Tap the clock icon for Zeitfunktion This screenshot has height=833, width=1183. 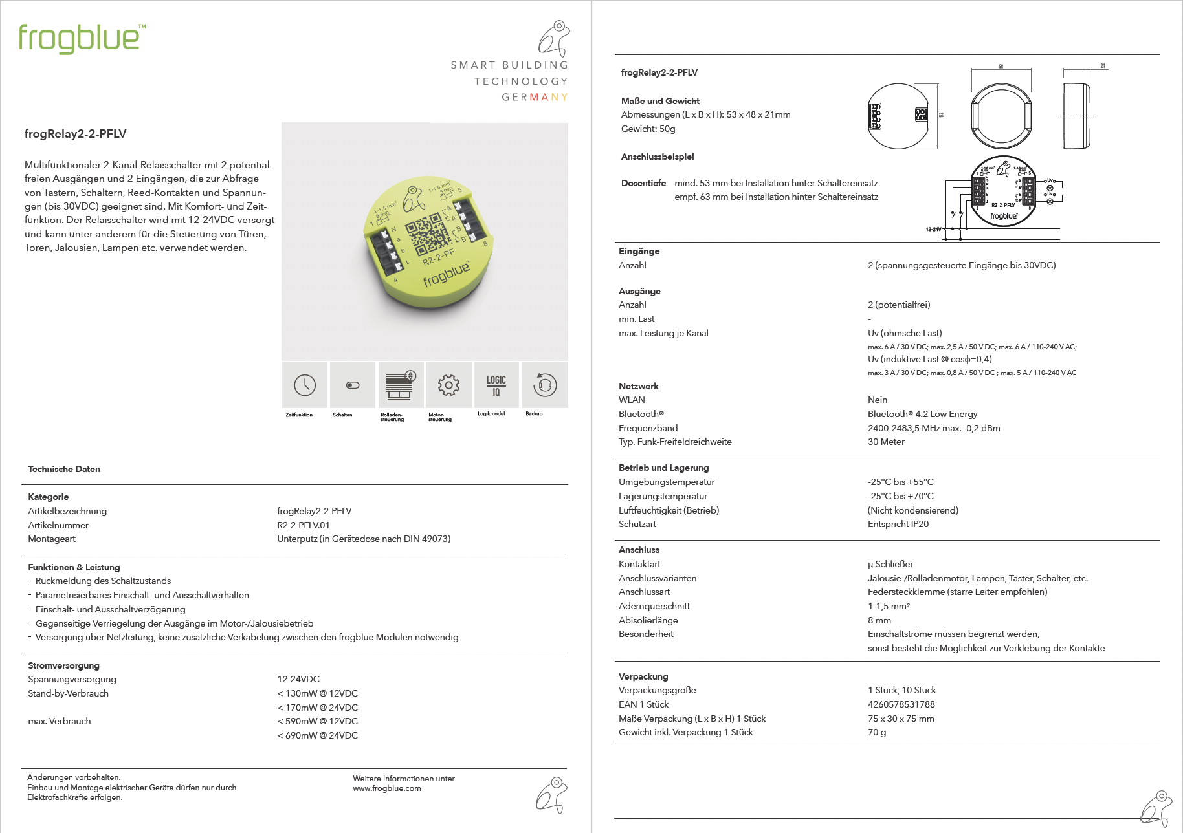(x=305, y=385)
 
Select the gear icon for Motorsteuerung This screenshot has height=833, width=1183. (x=448, y=385)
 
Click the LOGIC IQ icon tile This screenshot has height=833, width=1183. (x=496, y=385)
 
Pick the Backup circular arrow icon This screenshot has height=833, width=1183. (x=545, y=385)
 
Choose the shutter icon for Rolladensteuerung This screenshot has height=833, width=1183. (x=401, y=385)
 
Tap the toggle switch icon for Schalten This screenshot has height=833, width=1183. (x=353, y=385)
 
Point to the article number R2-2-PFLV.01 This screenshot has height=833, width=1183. (x=304, y=525)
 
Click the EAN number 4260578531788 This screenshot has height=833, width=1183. (x=901, y=704)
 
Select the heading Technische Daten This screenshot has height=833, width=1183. (x=64, y=469)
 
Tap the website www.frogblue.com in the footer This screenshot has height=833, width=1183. (x=387, y=788)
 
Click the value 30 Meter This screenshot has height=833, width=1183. (x=886, y=442)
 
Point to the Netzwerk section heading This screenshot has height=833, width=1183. (x=639, y=386)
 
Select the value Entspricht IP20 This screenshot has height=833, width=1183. (x=898, y=524)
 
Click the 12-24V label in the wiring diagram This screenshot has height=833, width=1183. (x=933, y=229)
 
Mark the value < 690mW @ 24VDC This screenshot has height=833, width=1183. (x=318, y=735)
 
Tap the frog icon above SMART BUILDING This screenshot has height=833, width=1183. (x=555, y=38)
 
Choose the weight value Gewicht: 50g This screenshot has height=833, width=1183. (x=648, y=129)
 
